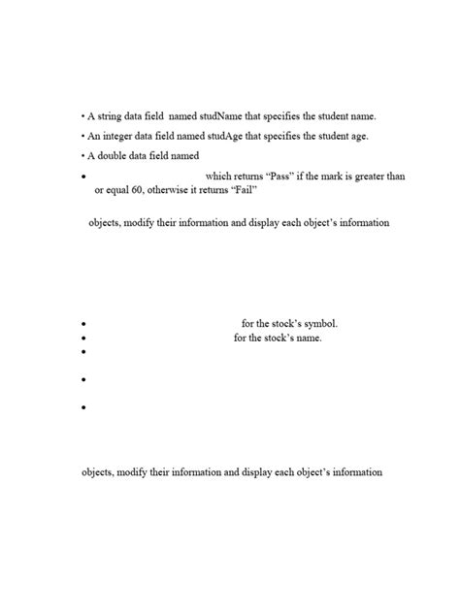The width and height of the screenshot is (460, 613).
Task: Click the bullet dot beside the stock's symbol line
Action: pos(85,325)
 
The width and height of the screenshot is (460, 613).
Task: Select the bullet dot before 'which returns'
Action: pos(85,177)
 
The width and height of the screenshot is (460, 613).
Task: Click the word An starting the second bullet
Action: pos(93,136)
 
